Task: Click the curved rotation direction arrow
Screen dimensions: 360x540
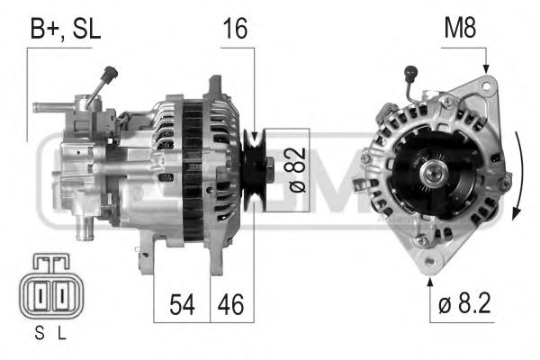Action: click(x=520, y=175)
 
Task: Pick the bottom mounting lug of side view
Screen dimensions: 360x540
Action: click(x=145, y=262)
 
